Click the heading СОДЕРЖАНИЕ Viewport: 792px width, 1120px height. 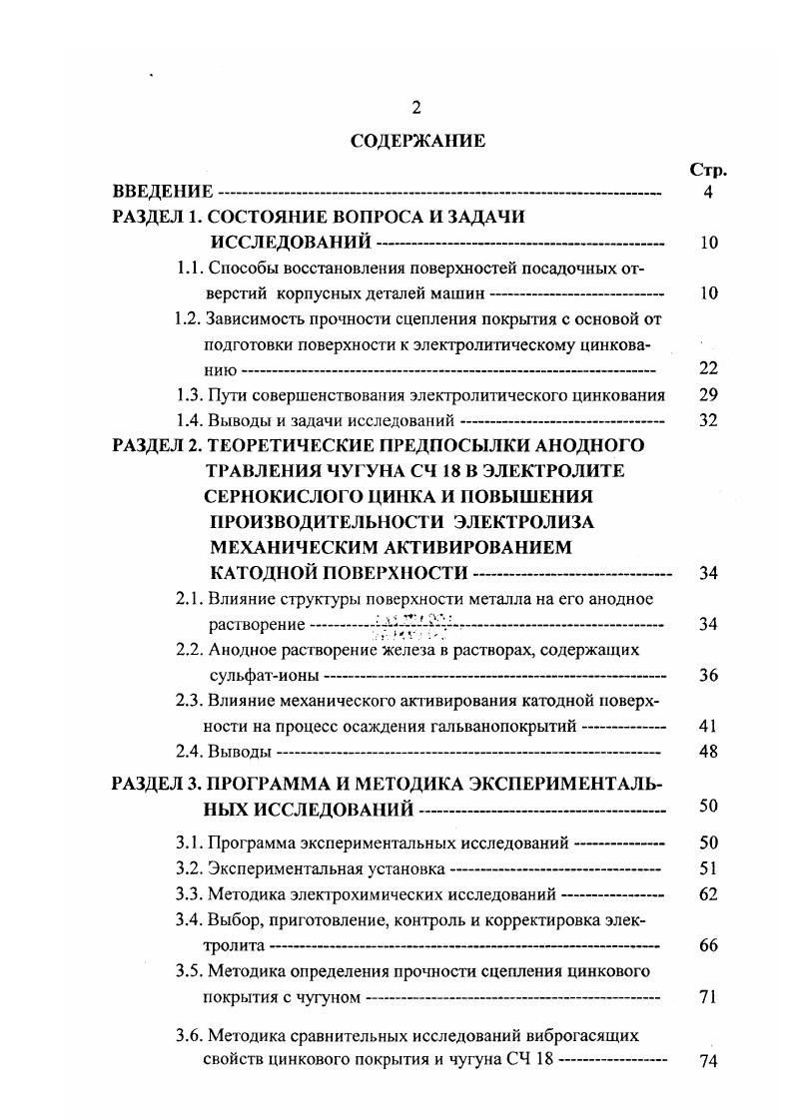pos(417,141)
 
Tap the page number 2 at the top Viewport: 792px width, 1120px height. pos(416,109)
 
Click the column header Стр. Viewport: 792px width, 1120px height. pos(708,169)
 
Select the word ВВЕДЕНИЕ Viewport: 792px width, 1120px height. pos(163,192)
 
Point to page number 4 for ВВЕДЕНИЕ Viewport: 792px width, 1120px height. pos(708,192)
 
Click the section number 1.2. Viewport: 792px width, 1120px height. pos(188,319)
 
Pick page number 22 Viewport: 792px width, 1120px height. pos(708,368)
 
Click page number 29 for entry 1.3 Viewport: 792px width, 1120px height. pos(708,394)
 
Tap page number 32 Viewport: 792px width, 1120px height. pos(708,420)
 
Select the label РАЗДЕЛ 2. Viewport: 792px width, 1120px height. pos(158,445)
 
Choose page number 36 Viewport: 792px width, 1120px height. pos(708,676)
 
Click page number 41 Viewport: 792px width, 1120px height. pos(708,727)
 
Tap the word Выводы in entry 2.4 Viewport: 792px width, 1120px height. pos(240,752)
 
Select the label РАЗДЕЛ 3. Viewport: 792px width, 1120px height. pos(158,783)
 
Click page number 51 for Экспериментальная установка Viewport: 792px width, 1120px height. pos(708,868)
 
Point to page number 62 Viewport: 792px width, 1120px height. pos(708,894)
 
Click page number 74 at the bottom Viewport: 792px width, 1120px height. pos(708,1061)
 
